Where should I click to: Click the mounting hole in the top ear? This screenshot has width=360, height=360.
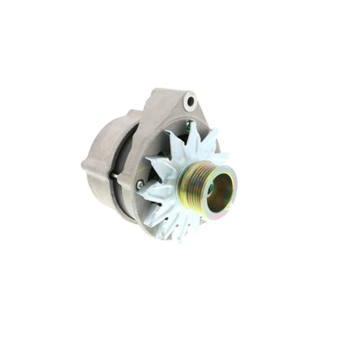(190, 101)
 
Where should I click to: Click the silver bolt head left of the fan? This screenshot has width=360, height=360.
(140, 183)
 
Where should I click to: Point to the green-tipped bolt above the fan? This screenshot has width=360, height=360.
(187, 126)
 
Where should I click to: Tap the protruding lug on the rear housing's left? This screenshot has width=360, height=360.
(90, 163)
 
